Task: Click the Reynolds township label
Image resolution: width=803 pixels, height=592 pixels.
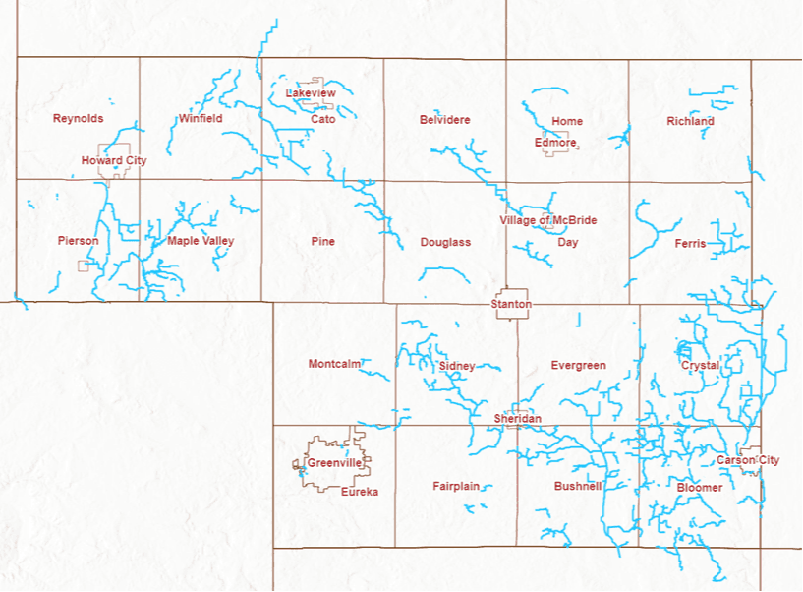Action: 78,118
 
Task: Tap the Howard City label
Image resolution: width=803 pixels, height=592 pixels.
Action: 114,160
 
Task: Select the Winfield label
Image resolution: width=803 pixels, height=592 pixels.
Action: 201,119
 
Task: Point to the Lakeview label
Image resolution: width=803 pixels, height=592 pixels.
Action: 311,92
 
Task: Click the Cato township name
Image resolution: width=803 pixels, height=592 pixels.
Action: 323,119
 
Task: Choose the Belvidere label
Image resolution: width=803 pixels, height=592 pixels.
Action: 444,119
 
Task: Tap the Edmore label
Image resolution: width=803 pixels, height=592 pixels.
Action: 555,143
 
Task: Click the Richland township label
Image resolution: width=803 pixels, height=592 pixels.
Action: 690,121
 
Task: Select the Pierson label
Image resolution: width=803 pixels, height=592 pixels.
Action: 78,241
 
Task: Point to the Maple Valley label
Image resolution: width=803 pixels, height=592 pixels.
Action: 201,241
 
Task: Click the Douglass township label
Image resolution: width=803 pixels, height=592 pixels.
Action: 445,242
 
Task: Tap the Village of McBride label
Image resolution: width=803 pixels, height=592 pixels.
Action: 548,220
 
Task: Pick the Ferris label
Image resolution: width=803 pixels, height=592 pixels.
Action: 690,243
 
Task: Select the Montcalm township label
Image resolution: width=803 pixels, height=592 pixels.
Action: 334,364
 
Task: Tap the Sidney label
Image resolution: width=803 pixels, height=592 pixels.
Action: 457,366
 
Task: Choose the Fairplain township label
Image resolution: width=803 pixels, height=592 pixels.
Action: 456,486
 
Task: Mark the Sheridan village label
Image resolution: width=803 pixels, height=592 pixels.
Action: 517,419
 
